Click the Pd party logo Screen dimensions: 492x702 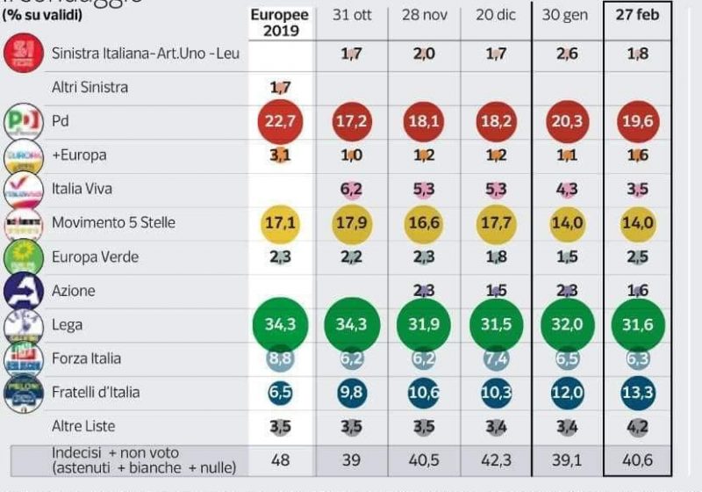[x=23, y=121]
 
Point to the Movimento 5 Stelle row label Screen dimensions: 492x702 [x=113, y=222]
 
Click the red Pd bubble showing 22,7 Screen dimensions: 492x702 [x=280, y=121]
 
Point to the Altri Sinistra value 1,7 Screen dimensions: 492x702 [x=280, y=87]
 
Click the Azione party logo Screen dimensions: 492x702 [x=22, y=290]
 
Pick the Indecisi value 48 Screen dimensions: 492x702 [x=280, y=459]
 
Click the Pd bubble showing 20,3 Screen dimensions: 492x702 [x=564, y=121]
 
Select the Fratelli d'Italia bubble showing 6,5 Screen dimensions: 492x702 [x=280, y=392]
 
